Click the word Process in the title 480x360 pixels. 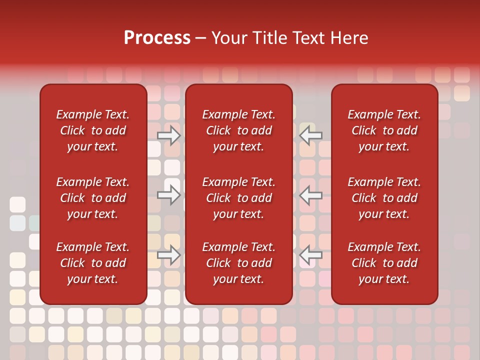[157, 38]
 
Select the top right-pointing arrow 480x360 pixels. [169, 135]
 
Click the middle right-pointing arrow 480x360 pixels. [169, 195]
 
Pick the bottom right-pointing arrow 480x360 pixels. [169, 255]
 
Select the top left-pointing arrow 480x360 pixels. [311, 135]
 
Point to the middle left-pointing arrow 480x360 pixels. [311, 195]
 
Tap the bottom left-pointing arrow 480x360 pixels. [311, 255]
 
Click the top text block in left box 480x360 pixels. [93, 130]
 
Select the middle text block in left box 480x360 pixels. [93, 198]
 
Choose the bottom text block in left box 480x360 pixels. [93, 263]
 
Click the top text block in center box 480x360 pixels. [238, 130]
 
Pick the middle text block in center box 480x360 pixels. [238, 198]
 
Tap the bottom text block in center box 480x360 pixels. [238, 263]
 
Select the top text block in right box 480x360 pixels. [384, 130]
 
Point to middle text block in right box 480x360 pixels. [384, 198]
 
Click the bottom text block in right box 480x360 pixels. [384, 263]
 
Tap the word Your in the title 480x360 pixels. [228, 38]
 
